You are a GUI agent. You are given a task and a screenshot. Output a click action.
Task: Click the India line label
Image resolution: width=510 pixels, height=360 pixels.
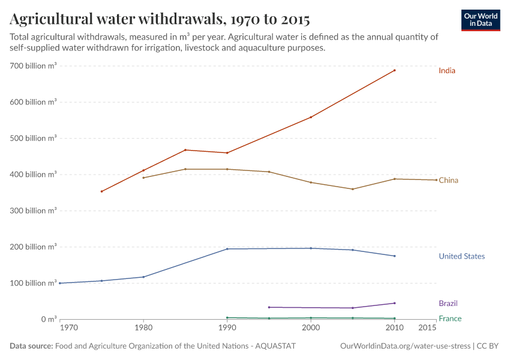pyautogui.click(x=446, y=71)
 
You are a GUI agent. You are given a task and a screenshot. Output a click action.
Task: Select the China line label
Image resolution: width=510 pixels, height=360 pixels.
pyautogui.click(x=448, y=180)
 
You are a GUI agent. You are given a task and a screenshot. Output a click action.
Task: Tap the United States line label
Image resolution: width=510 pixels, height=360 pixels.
pyautogui.click(x=461, y=256)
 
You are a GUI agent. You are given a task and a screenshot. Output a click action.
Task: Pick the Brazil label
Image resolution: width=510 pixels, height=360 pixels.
pyautogui.click(x=448, y=303)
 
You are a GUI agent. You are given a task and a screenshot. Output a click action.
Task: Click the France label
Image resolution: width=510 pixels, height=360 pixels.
pyautogui.click(x=450, y=319)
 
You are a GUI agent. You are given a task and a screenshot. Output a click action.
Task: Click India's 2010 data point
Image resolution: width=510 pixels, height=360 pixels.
pyautogui.click(x=394, y=70)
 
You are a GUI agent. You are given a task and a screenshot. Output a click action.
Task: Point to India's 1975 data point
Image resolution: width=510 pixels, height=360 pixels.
pyautogui.click(x=101, y=191)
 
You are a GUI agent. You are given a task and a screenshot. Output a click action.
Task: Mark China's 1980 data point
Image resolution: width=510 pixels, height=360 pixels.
pyautogui.click(x=143, y=178)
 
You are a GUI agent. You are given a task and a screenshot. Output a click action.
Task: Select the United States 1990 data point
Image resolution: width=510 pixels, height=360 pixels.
pyautogui.click(x=227, y=248)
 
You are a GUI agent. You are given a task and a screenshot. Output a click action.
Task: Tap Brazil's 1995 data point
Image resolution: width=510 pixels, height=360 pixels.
pyautogui.click(x=269, y=307)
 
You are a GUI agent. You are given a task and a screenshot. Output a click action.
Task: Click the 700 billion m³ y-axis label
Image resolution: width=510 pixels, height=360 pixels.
pyautogui.click(x=34, y=66)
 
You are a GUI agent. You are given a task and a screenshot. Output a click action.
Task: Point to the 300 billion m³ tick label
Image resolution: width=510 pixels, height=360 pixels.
pyautogui.click(x=34, y=211)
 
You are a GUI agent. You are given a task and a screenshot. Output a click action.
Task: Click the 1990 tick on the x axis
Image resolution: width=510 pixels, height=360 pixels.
pyautogui.click(x=227, y=328)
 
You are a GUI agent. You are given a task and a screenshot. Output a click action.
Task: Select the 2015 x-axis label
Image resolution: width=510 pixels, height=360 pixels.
pyautogui.click(x=427, y=328)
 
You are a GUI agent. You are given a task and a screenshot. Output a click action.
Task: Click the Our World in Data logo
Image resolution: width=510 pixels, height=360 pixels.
pyautogui.click(x=481, y=20)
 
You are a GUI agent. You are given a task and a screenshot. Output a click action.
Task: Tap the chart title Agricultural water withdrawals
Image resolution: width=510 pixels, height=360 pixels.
pyautogui.click(x=160, y=19)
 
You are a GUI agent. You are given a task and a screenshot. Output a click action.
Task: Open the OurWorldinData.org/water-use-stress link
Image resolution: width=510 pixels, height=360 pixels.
pyautogui.click(x=404, y=346)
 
